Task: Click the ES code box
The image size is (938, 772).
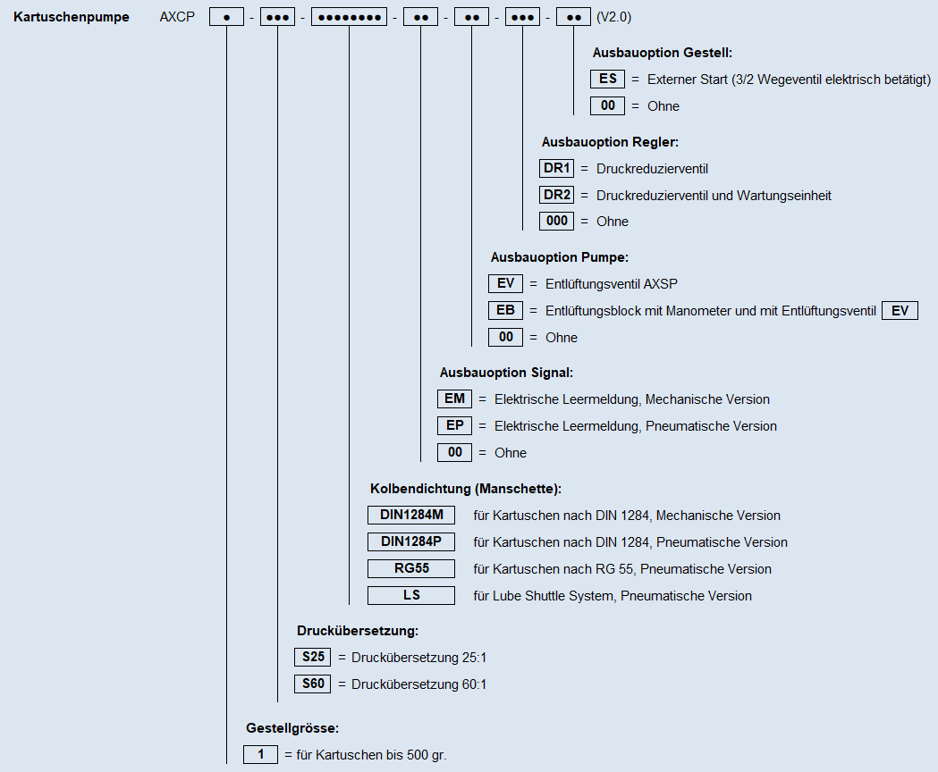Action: [607, 79]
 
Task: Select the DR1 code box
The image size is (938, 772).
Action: [556, 168]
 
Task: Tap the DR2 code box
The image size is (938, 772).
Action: [556, 195]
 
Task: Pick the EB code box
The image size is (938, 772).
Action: [505, 310]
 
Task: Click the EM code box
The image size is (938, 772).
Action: [454, 399]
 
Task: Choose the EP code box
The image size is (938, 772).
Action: [454, 426]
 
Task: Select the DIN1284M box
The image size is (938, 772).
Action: [411, 515]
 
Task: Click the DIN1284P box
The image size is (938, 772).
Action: [411, 541]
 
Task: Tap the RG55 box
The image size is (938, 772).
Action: [411, 568]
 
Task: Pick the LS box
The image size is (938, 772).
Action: [411, 596]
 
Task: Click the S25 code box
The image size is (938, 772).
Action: [312, 658]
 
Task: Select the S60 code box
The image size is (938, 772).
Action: [312, 684]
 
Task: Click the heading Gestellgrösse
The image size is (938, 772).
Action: [292, 728]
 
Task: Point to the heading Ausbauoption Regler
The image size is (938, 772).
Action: [610, 142]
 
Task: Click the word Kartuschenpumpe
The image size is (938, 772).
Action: [72, 17]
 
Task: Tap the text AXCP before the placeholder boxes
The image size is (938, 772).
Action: [177, 17]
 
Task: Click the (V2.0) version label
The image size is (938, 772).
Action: [613, 17]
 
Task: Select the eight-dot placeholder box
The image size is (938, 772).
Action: [350, 17]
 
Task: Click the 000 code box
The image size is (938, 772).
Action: [556, 222]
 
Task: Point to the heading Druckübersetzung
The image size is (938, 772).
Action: [358, 631]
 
